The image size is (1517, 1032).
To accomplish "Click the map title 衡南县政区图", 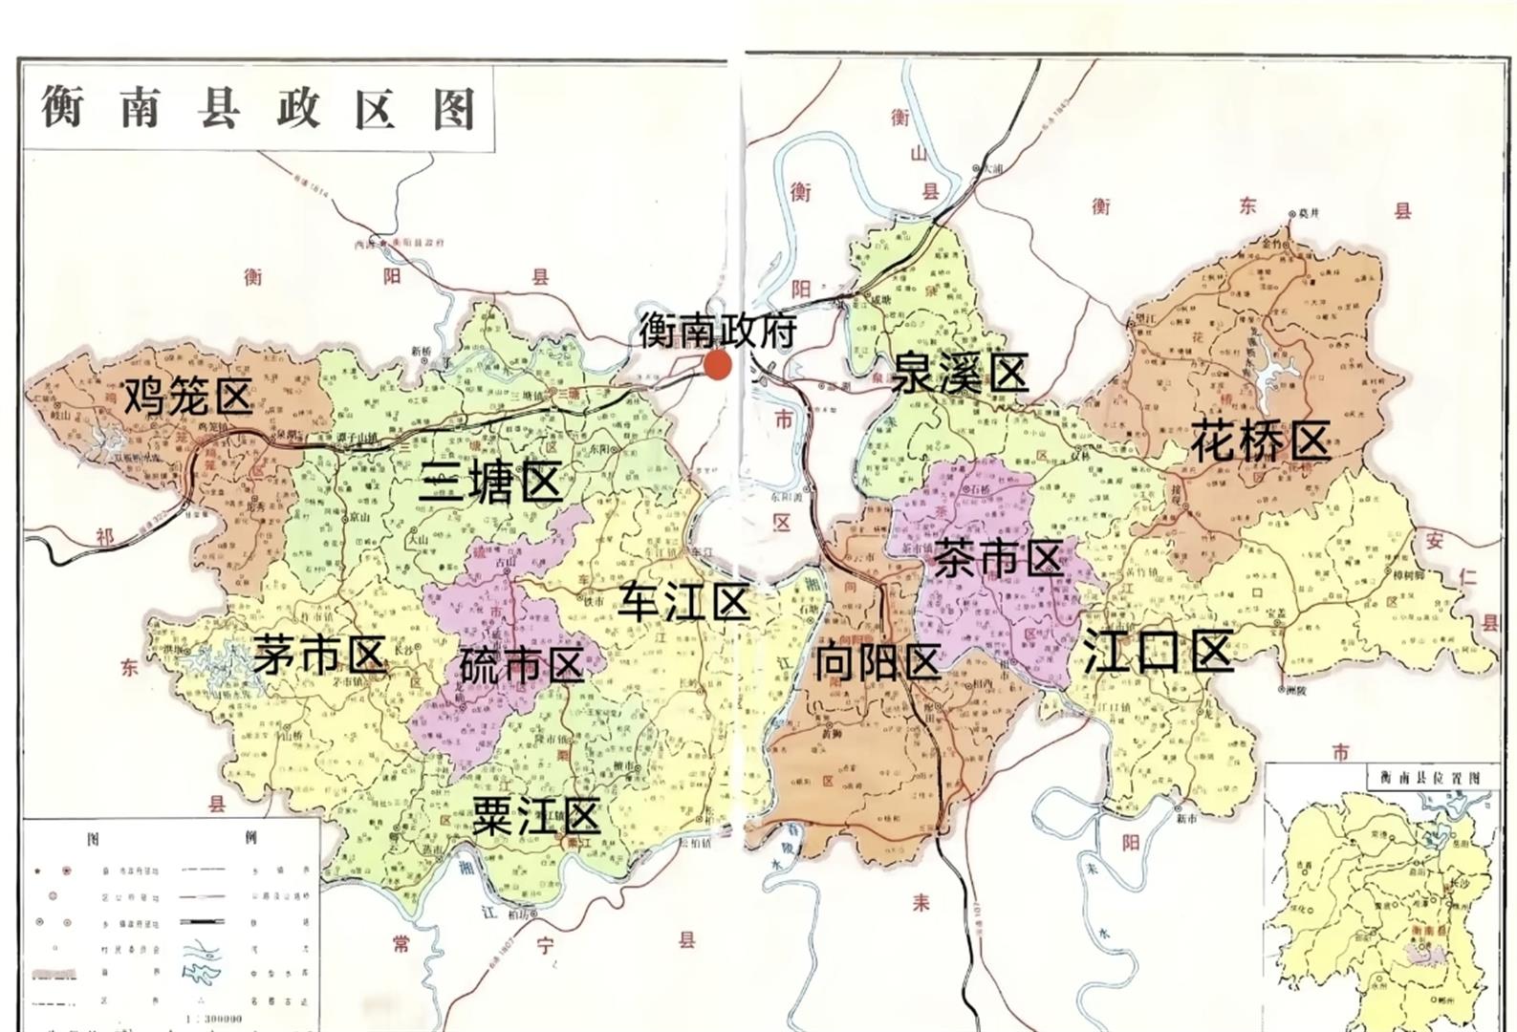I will pyautogui.click(x=258, y=107).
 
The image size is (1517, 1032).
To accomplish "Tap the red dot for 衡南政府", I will pyautogui.click(x=717, y=364).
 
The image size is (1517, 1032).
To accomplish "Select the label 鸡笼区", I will pyautogui.click(x=187, y=396).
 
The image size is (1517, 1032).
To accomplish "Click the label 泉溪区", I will pyautogui.click(x=959, y=372).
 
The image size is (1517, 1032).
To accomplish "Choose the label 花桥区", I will pyautogui.click(x=1260, y=441).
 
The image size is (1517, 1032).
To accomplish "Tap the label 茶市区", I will pyautogui.click(x=998, y=557).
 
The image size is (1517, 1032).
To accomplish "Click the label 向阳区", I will pyautogui.click(x=878, y=661).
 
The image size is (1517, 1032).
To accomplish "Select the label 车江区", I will pyautogui.click(x=683, y=602).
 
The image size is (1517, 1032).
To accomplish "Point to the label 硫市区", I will pyautogui.click(x=521, y=664).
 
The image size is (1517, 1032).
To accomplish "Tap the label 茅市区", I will pyautogui.click(x=319, y=655).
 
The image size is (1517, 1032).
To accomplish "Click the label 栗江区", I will pyautogui.click(x=536, y=817).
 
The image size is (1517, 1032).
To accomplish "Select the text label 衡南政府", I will pyautogui.click(x=718, y=331).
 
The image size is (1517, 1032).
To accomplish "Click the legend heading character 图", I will pyautogui.click(x=93, y=838).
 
